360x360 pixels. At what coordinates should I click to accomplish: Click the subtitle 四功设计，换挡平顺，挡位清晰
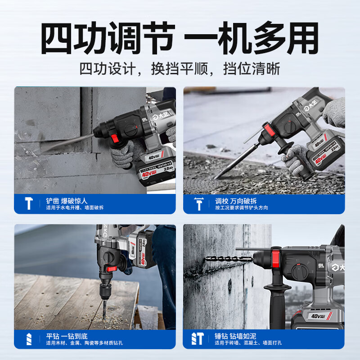[x=180, y=69]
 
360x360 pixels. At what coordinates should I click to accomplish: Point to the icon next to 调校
[x=198, y=203]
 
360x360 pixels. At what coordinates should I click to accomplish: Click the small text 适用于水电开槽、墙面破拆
[x=75, y=207]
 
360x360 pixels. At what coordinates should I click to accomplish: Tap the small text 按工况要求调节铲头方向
[x=242, y=207]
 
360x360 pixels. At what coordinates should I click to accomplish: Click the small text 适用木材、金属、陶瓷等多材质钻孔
[x=84, y=343]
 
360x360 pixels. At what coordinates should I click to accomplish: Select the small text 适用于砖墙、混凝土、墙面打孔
[x=249, y=343]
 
